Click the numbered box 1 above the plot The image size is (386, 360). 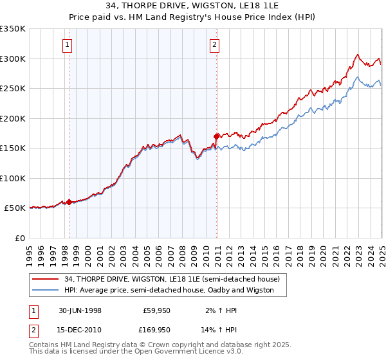pyautogui.click(x=68, y=45)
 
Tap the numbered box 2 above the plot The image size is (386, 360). pyautogui.click(x=214, y=45)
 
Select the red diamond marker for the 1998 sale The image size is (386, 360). pyautogui.click(x=69, y=202)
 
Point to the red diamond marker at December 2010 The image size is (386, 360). pyautogui.click(x=217, y=136)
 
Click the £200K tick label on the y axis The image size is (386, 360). pyautogui.click(x=13, y=118)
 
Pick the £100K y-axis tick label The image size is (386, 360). pyautogui.click(x=13, y=178)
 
